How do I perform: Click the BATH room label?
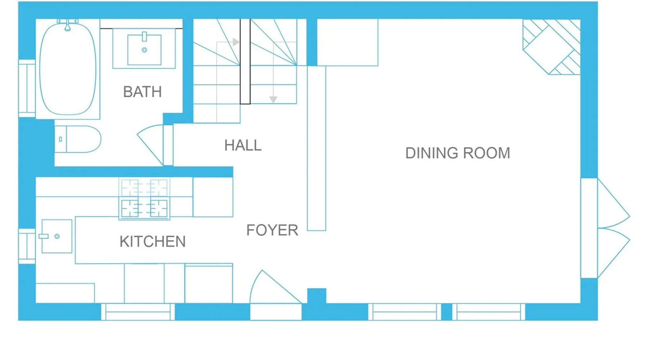tap(142, 92)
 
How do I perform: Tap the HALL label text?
tap(243, 145)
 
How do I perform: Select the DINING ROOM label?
tap(458, 153)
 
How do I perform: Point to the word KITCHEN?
tap(153, 242)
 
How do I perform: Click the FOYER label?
tap(272, 230)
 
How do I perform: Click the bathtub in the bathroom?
tap(68, 69)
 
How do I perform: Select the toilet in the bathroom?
tap(78, 139)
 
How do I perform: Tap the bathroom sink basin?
tap(144, 49)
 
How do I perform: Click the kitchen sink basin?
tap(57, 236)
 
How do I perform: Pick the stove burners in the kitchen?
tap(144, 199)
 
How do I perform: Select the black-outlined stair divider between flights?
tap(245, 62)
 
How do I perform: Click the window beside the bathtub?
tap(27, 89)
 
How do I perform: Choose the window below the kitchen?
tap(138, 312)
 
